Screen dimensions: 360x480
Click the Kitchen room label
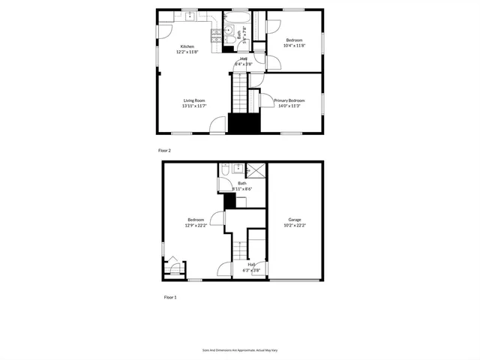tap(187, 46)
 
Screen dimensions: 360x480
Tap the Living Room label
tap(194, 100)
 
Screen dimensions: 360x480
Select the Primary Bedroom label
tap(289, 100)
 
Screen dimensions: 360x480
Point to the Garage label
tap(295, 220)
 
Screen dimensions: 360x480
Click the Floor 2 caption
tap(164, 150)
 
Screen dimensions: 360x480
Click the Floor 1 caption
tap(170, 298)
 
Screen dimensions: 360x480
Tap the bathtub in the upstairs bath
tap(239, 17)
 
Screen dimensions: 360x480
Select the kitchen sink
tap(190, 14)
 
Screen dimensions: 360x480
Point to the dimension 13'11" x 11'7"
tap(193, 106)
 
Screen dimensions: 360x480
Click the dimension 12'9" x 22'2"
tap(195, 225)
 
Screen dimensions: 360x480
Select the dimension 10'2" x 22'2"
tap(295, 225)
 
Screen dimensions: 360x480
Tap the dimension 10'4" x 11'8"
tap(294, 46)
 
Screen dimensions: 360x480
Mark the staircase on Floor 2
tap(239, 93)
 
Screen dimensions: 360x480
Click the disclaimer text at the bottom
tap(240, 349)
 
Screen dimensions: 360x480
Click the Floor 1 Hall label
tap(252, 264)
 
